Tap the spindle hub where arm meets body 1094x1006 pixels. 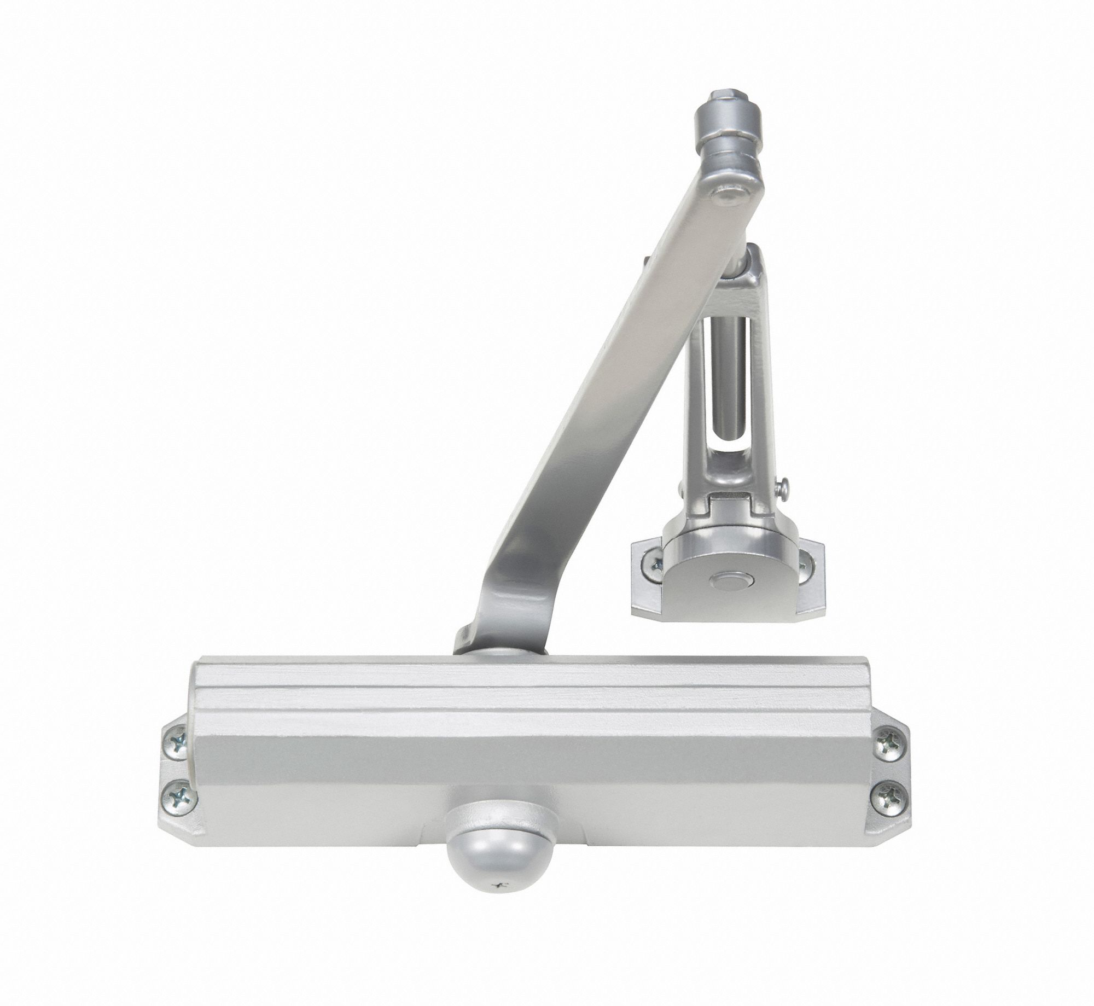499,652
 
